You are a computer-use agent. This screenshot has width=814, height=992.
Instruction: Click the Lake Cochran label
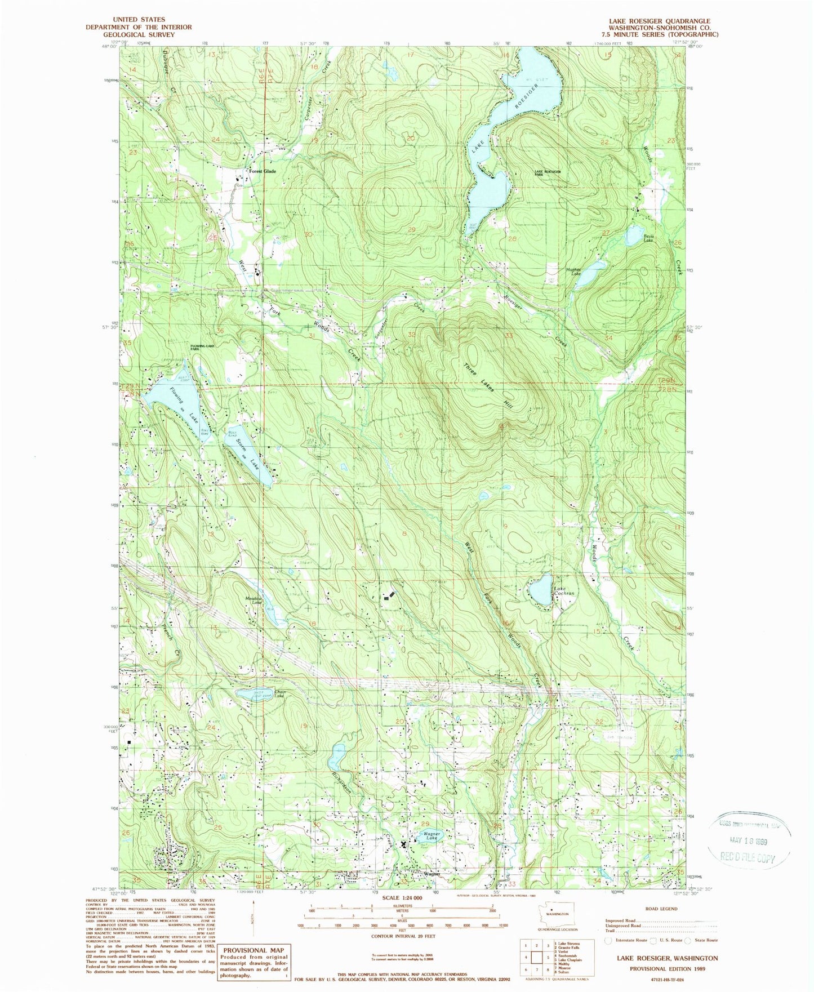click(x=564, y=591)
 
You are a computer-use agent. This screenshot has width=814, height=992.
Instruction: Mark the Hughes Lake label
click(x=573, y=272)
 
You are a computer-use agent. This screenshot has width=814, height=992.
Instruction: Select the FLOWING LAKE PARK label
click(x=203, y=347)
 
